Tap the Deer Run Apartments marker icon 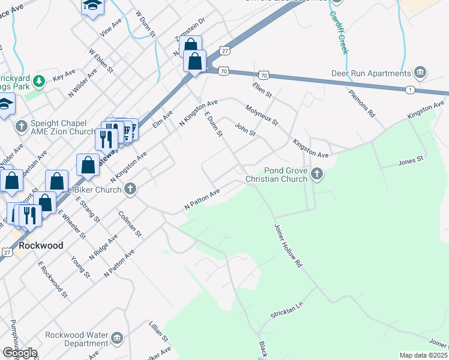click(x=420, y=73)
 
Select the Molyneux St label click(x=262, y=115)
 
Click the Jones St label click(x=411, y=161)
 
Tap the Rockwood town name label click(x=41, y=246)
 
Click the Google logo click(x=20, y=353)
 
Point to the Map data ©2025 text click(x=424, y=355)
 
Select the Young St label click(x=80, y=266)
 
